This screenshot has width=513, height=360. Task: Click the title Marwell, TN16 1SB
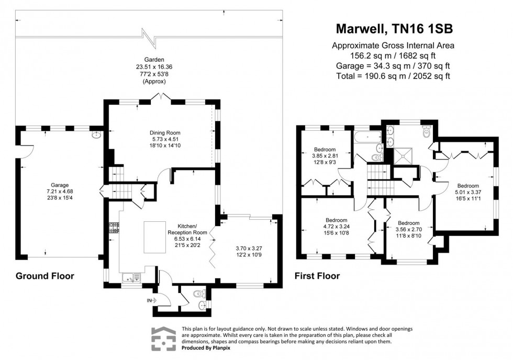(x=393, y=29)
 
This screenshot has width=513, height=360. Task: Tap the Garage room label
(x=60, y=185)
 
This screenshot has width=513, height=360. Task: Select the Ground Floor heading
(x=44, y=276)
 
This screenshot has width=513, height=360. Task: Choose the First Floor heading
(x=317, y=276)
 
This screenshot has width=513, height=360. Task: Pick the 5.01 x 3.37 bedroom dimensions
(x=467, y=192)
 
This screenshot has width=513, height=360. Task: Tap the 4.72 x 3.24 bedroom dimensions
(x=336, y=226)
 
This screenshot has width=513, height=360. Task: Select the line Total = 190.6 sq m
(x=393, y=76)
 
